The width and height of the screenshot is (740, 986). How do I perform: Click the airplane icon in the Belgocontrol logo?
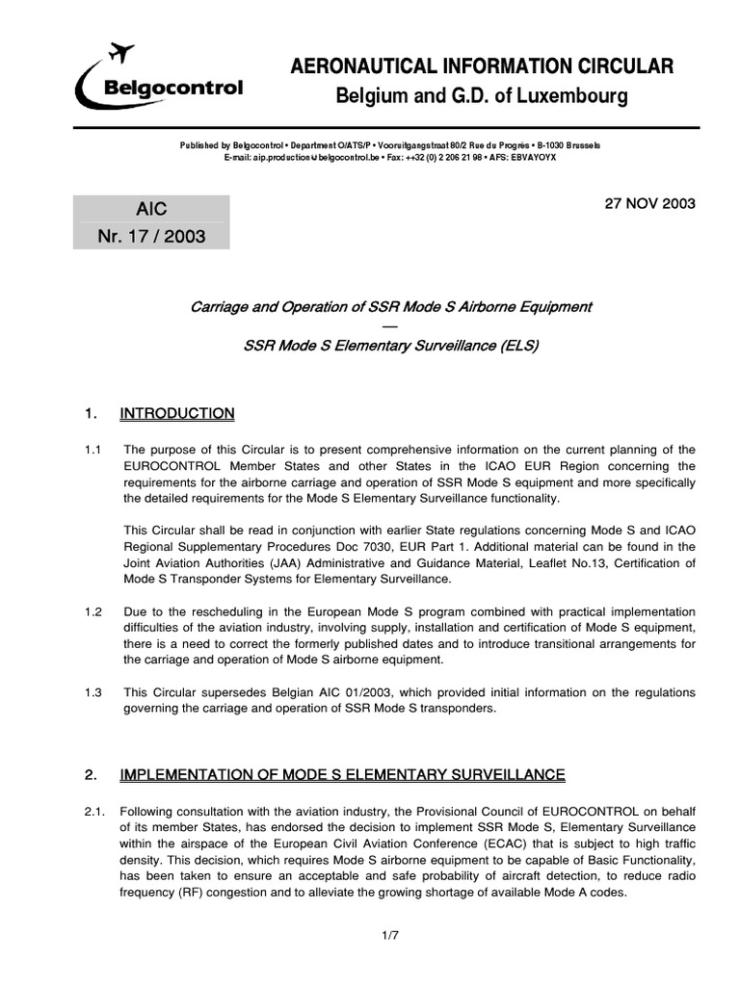click(x=122, y=52)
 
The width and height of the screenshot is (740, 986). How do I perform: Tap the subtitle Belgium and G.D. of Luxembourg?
click(x=481, y=97)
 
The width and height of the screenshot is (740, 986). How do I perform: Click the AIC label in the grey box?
click(x=151, y=209)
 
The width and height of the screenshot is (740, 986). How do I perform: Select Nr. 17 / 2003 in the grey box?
click(x=151, y=236)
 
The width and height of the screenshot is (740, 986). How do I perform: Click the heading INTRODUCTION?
click(x=176, y=414)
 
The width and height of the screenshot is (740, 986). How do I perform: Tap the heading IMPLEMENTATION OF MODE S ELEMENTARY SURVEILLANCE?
click(x=342, y=775)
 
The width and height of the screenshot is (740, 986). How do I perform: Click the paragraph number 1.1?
click(x=94, y=451)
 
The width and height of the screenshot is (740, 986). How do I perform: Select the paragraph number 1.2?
click(x=94, y=612)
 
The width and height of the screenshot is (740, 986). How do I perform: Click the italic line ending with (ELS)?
click(x=390, y=346)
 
